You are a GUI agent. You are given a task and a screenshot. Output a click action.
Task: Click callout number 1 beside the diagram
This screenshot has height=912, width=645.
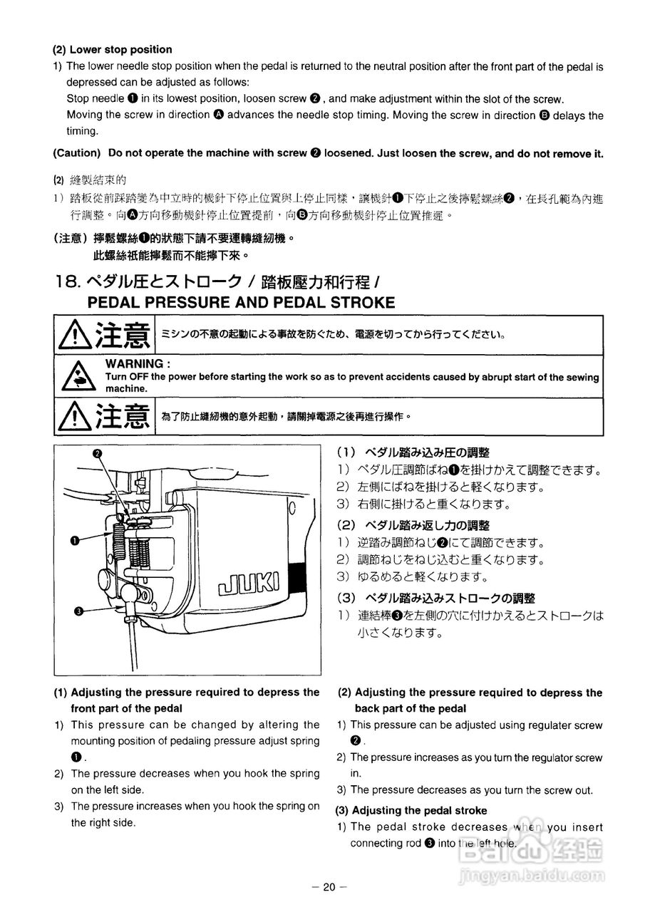[74, 541]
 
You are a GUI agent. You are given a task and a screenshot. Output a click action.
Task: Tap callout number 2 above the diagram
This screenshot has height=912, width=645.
[98, 453]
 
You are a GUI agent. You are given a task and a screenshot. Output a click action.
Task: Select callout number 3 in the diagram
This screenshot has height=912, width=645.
[78, 610]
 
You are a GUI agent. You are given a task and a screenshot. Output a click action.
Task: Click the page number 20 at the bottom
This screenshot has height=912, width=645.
[328, 887]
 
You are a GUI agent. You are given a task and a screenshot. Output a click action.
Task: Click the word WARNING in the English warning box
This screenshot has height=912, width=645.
[134, 364]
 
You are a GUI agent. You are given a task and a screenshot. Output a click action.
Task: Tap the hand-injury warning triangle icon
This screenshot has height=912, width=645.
[74, 377]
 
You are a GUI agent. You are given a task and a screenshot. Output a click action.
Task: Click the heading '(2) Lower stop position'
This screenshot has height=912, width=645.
[112, 49]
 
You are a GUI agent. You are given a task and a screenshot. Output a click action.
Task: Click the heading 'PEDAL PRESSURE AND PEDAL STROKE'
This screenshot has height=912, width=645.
[241, 302]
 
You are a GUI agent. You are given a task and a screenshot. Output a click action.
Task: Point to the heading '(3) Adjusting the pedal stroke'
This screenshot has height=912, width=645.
[411, 810]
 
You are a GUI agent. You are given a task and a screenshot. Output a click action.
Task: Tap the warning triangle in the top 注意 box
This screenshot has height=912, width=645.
[74, 334]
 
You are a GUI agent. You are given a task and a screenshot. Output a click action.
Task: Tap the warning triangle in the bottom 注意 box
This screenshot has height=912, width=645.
[74, 417]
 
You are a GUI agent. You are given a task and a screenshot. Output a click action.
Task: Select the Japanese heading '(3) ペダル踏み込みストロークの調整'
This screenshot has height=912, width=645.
[435, 598]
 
